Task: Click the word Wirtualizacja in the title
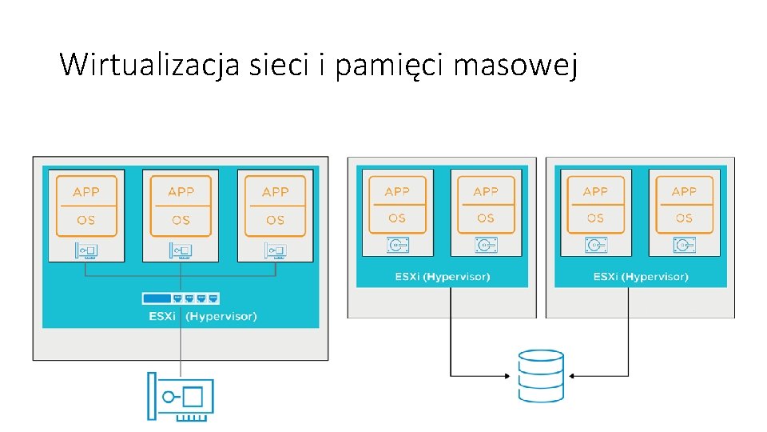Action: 149,64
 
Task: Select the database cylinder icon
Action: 541,375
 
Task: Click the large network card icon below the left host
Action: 181,396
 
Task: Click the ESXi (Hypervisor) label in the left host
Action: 203,316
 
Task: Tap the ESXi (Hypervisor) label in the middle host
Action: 443,277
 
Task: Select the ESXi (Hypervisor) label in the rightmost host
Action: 641,277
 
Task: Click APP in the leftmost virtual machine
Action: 86,192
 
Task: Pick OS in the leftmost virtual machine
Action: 86,220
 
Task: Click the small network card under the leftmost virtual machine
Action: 86,250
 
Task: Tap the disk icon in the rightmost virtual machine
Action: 684,244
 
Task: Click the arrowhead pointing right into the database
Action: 509,375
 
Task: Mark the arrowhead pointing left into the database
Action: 573,375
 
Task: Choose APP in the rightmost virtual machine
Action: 684,192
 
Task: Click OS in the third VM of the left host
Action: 275,220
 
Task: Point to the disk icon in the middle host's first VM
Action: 397,244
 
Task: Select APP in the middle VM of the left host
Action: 181,192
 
